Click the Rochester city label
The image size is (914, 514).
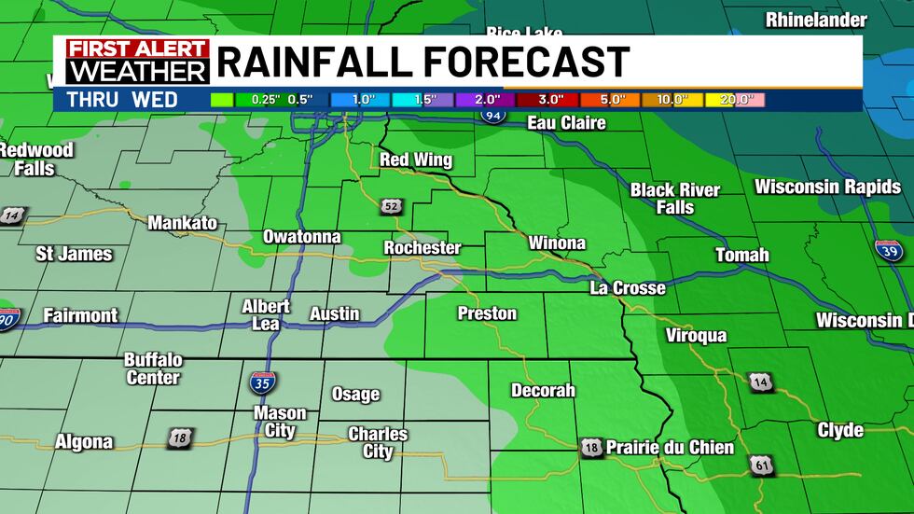coord(422,248)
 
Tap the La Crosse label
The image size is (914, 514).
coord(628,288)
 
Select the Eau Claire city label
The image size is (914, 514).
coord(566,123)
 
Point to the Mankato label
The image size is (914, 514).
coord(182,223)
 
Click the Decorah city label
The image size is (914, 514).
coord(543,391)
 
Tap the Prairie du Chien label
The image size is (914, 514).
coord(670,448)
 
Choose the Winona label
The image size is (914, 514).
coord(557,243)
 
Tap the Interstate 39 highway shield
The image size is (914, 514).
coord(888,251)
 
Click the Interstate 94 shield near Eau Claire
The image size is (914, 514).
coord(495,115)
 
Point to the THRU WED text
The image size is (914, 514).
coord(122,99)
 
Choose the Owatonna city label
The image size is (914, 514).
coord(301,237)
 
